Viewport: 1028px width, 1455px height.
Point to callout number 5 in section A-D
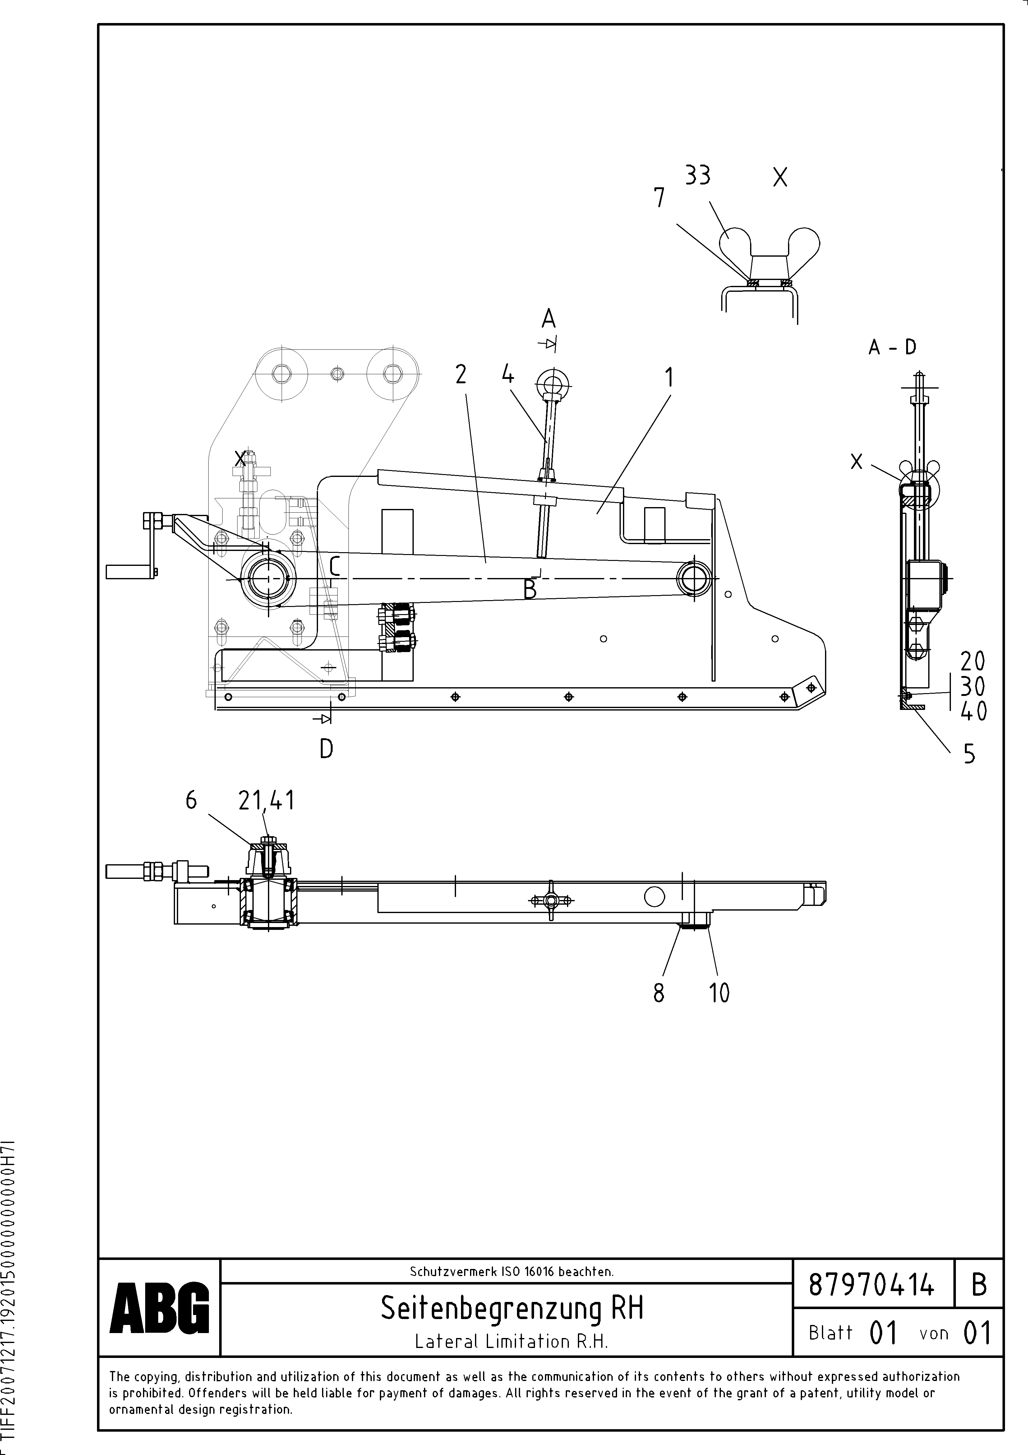(x=969, y=754)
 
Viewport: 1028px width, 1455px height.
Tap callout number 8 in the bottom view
(x=659, y=993)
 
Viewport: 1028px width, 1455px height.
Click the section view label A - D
(x=892, y=347)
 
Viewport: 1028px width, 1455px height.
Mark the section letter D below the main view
(x=326, y=750)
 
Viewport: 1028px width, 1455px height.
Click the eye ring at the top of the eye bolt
(x=553, y=382)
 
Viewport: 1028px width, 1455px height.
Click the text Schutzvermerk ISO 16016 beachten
(x=511, y=1271)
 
